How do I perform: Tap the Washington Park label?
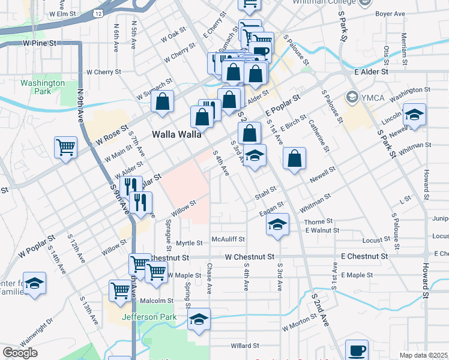pos(42,87)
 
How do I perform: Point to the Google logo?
pos(20,353)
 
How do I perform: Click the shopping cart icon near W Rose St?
pos(65,146)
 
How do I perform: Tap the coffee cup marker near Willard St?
pos(357,350)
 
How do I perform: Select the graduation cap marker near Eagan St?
pos(276,224)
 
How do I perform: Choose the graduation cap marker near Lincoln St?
pos(414,114)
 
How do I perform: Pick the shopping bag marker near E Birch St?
pos(295,159)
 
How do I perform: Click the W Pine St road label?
pos(40,43)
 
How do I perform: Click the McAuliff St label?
pos(228,239)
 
